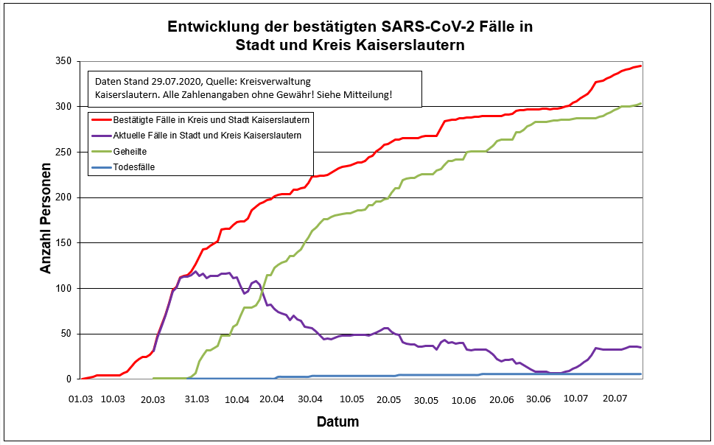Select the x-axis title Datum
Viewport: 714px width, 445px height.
coord(337,422)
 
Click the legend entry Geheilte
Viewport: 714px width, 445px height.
coord(131,151)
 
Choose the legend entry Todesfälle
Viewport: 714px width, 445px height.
coord(134,167)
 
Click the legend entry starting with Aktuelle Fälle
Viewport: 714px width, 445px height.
coord(207,135)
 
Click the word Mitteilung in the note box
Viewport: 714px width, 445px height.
coord(365,95)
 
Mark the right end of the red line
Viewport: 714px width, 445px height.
coord(641,66)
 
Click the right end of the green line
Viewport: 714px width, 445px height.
coord(641,104)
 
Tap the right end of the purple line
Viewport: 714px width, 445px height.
coord(641,347)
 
